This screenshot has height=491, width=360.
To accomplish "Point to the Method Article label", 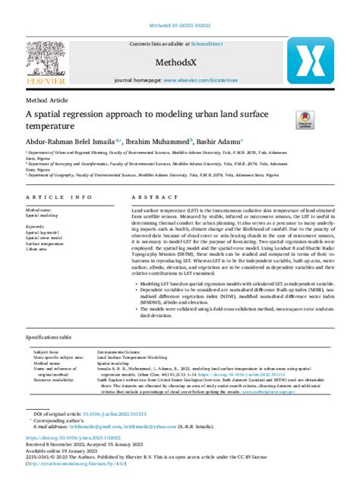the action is (48, 99).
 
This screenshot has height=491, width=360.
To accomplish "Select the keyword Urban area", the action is (36, 248).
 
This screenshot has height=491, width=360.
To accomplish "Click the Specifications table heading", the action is (49, 335).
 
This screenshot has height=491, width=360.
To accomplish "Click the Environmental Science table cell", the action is (118, 352).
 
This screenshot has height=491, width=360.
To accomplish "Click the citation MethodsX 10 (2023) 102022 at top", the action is (179, 8).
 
